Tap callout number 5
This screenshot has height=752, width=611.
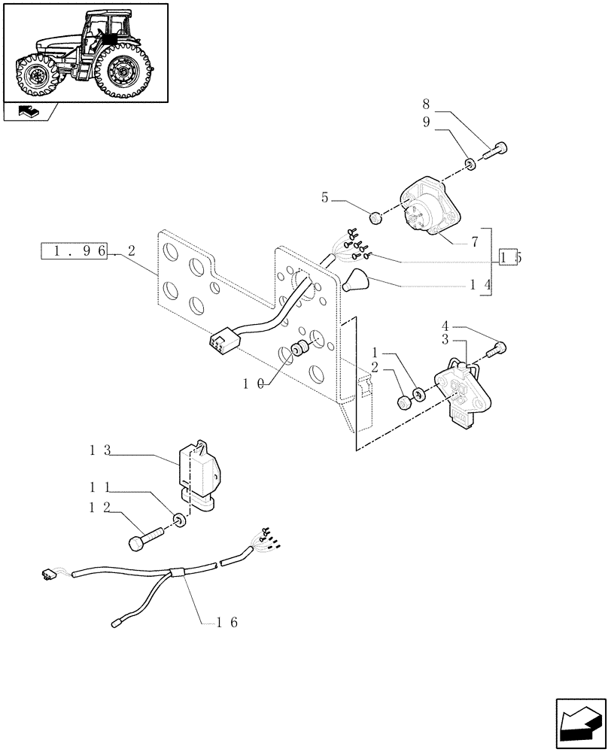pos(325,198)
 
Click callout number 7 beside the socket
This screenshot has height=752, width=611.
pos(475,241)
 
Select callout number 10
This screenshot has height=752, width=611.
pos(253,384)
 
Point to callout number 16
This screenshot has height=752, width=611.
pos(227,622)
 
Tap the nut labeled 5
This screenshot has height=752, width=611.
pos(376,219)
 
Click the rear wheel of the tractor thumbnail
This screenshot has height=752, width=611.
pos(121,73)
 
